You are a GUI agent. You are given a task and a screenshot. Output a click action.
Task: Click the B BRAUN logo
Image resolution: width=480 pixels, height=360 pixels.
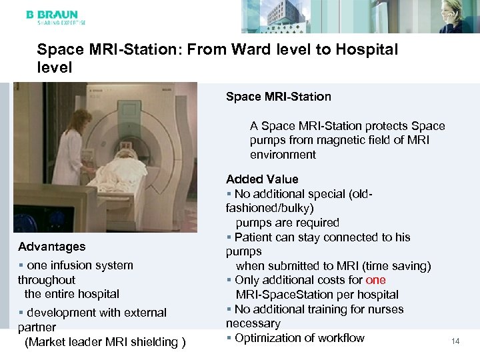(52, 15)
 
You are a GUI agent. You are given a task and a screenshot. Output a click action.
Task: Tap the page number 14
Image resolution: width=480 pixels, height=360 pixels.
(456, 341)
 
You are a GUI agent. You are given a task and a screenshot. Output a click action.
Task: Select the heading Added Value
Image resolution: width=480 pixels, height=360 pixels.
(262, 179)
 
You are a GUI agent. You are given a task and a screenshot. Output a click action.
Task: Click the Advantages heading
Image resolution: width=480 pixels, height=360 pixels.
(52, 247)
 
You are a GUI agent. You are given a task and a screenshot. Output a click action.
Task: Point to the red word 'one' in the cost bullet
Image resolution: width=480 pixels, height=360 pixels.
(376, 281)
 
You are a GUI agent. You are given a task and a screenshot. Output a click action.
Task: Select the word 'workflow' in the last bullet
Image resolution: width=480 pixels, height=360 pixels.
(339, 338)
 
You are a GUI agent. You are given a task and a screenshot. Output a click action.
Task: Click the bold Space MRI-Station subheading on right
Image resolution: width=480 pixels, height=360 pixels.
(278, 97)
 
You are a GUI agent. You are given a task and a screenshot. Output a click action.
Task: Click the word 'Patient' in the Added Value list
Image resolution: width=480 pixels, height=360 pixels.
(256, 237)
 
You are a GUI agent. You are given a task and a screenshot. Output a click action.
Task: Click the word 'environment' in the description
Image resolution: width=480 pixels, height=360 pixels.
(283, 155)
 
